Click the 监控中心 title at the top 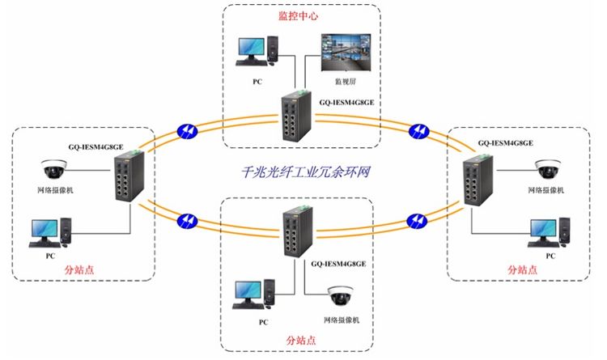297,16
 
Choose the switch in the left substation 127,183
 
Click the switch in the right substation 473,184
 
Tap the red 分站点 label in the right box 523,269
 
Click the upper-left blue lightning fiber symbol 186,129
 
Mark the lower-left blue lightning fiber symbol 186,218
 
